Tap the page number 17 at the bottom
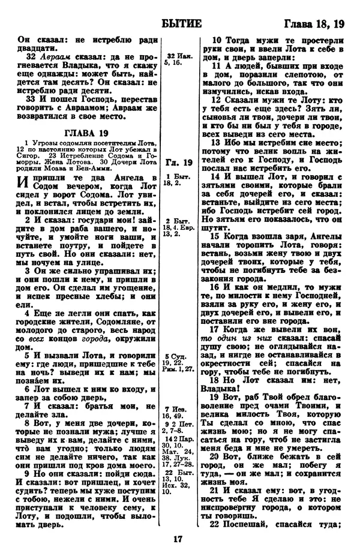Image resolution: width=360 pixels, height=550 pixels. [x=179, y=538]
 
